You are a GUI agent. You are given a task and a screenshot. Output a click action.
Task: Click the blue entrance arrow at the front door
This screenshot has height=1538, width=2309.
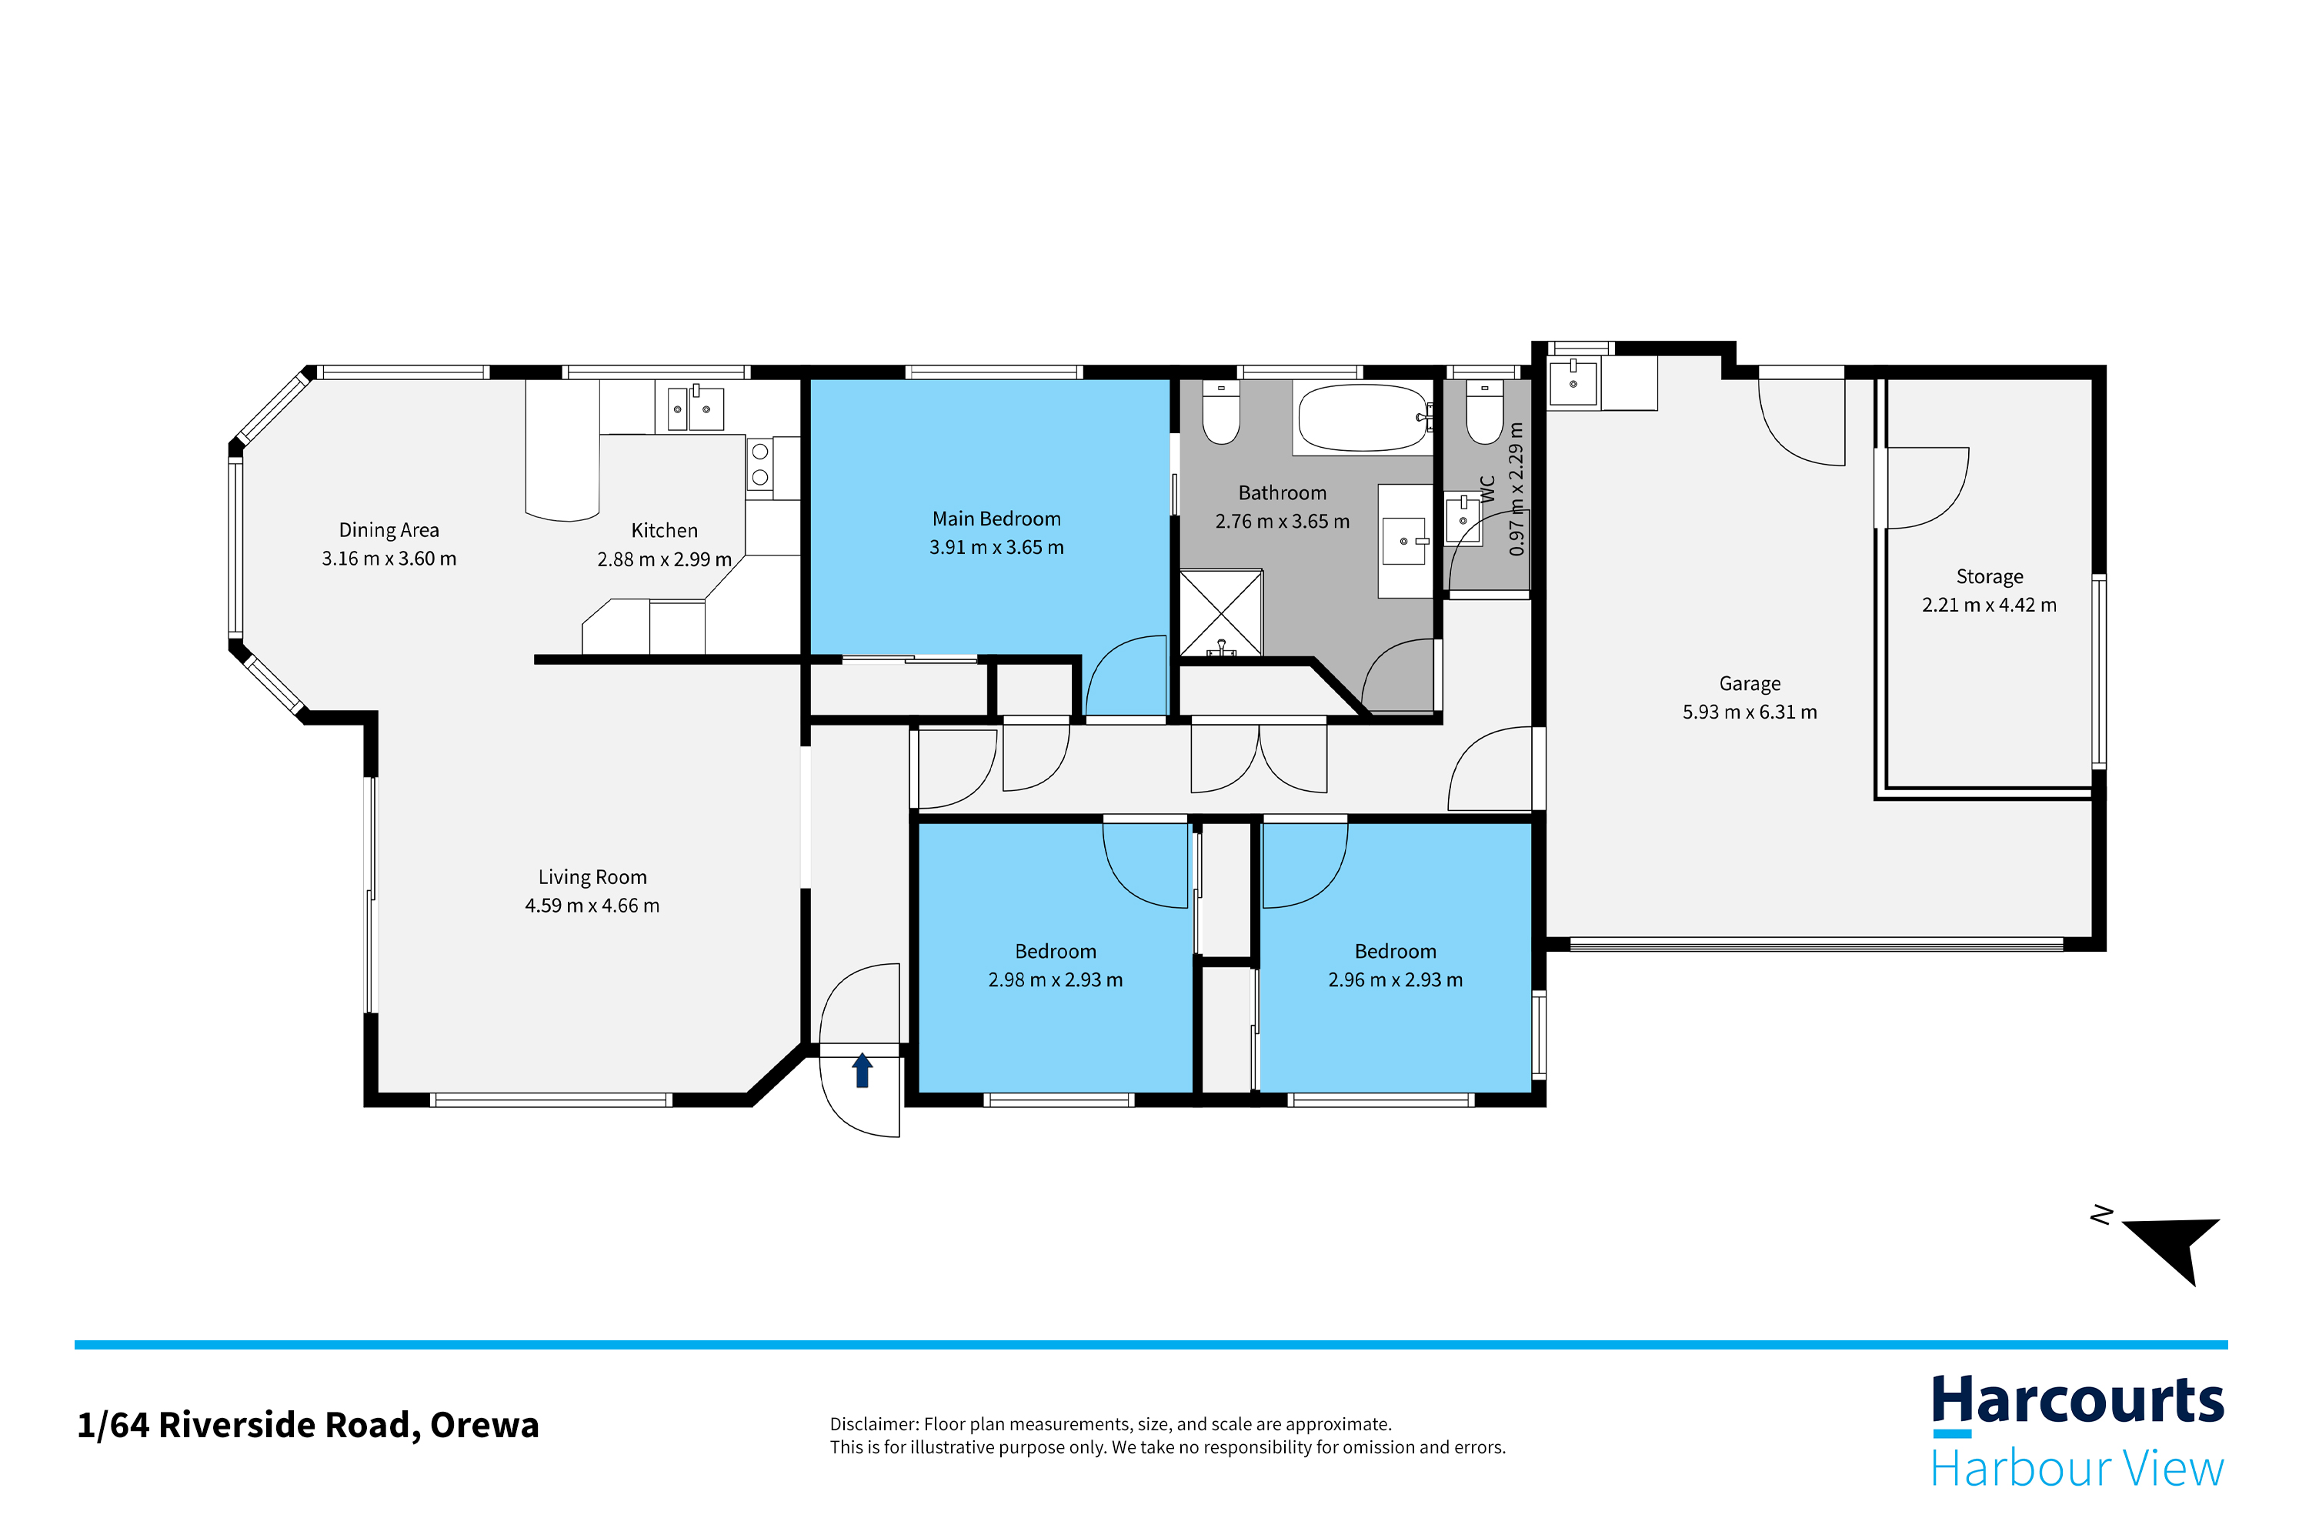point(863,1069)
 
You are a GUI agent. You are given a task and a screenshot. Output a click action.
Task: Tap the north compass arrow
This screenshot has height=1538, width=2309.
point(2176,1245)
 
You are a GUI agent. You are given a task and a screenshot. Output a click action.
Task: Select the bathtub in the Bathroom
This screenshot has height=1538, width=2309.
point(1363,418)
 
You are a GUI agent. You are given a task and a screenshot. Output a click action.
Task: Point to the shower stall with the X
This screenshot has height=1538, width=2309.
point(1220,613)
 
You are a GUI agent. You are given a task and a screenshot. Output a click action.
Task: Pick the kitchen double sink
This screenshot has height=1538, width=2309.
point(696,408)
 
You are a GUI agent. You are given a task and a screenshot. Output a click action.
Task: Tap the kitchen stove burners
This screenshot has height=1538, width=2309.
point(760,465)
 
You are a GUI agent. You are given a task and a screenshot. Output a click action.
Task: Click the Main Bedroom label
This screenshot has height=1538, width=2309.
point(996,519)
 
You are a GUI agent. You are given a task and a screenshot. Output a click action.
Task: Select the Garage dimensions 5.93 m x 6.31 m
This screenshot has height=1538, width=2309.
point(1750,712)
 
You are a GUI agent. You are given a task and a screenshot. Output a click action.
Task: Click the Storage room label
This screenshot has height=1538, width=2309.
point(1989,577)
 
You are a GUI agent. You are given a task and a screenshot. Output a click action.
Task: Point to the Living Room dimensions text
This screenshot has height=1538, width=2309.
point(592,906)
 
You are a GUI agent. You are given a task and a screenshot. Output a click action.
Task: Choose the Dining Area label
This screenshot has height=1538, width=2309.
point(389,529)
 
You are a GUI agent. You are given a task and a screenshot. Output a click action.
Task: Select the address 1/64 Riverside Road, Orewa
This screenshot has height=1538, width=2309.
point(308,1425)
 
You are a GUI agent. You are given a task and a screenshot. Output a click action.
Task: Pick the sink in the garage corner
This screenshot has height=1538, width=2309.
point(1573,382)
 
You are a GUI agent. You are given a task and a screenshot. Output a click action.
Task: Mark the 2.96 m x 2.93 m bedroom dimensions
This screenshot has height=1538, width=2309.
point(1395,980)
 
